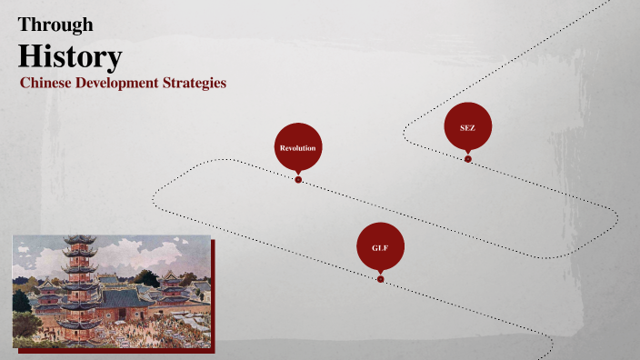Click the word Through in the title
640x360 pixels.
click(x=55, y=25)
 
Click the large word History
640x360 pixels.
click(x=70, y=56)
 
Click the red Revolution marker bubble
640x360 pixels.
click(x=298, y=145)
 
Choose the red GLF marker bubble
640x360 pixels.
click(x=380, y=245)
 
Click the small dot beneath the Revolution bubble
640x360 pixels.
click(x=298, y=179)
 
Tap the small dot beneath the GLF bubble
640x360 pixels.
click(x=380, y=279)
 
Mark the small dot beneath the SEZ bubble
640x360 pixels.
click(x=467, y=159)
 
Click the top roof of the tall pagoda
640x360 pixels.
click(x=80, y=240)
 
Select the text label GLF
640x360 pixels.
click(x=380, y=247)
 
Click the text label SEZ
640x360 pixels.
click(x=467, y=128)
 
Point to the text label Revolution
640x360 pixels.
click(x=298, y=147)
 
